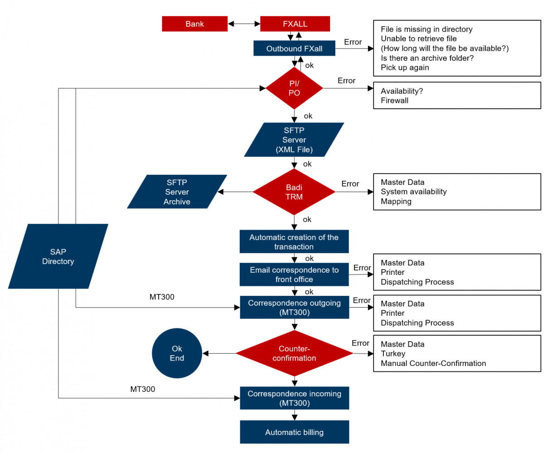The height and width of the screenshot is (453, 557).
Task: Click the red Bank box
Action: pos(194,24)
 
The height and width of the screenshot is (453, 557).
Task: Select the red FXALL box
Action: pos(295,24)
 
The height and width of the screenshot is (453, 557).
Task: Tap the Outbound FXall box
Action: pos(294,48)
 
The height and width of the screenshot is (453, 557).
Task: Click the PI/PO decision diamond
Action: pos(294,88)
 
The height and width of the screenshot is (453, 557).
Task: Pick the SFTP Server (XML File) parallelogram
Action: pos(294,140)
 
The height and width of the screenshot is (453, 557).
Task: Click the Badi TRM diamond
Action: pos(294,192)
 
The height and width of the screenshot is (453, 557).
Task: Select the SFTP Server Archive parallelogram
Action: pos(177,192)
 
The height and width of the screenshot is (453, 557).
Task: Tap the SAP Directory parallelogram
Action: pos(58,256)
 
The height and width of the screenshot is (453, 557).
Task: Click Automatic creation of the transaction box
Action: pos(294,242)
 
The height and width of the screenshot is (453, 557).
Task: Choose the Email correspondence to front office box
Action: pos(294,275)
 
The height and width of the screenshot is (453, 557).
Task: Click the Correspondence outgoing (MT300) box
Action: pos(294,308)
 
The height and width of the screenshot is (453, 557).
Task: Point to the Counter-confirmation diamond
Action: pos(294,353)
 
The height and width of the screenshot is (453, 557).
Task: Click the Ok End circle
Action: pos(177,353)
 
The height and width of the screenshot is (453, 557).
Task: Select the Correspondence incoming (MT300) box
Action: pos(294,398)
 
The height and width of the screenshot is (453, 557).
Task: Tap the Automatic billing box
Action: pos(294,432)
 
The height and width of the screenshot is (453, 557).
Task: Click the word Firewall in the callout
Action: pos(394,101)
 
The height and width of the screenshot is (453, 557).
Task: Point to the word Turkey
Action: pos(393,354)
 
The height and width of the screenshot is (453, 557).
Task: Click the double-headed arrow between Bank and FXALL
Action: pos(244,24)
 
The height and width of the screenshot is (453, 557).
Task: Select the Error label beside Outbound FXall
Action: pos(353,42)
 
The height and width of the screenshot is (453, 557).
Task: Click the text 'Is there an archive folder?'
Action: pos(427,58)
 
